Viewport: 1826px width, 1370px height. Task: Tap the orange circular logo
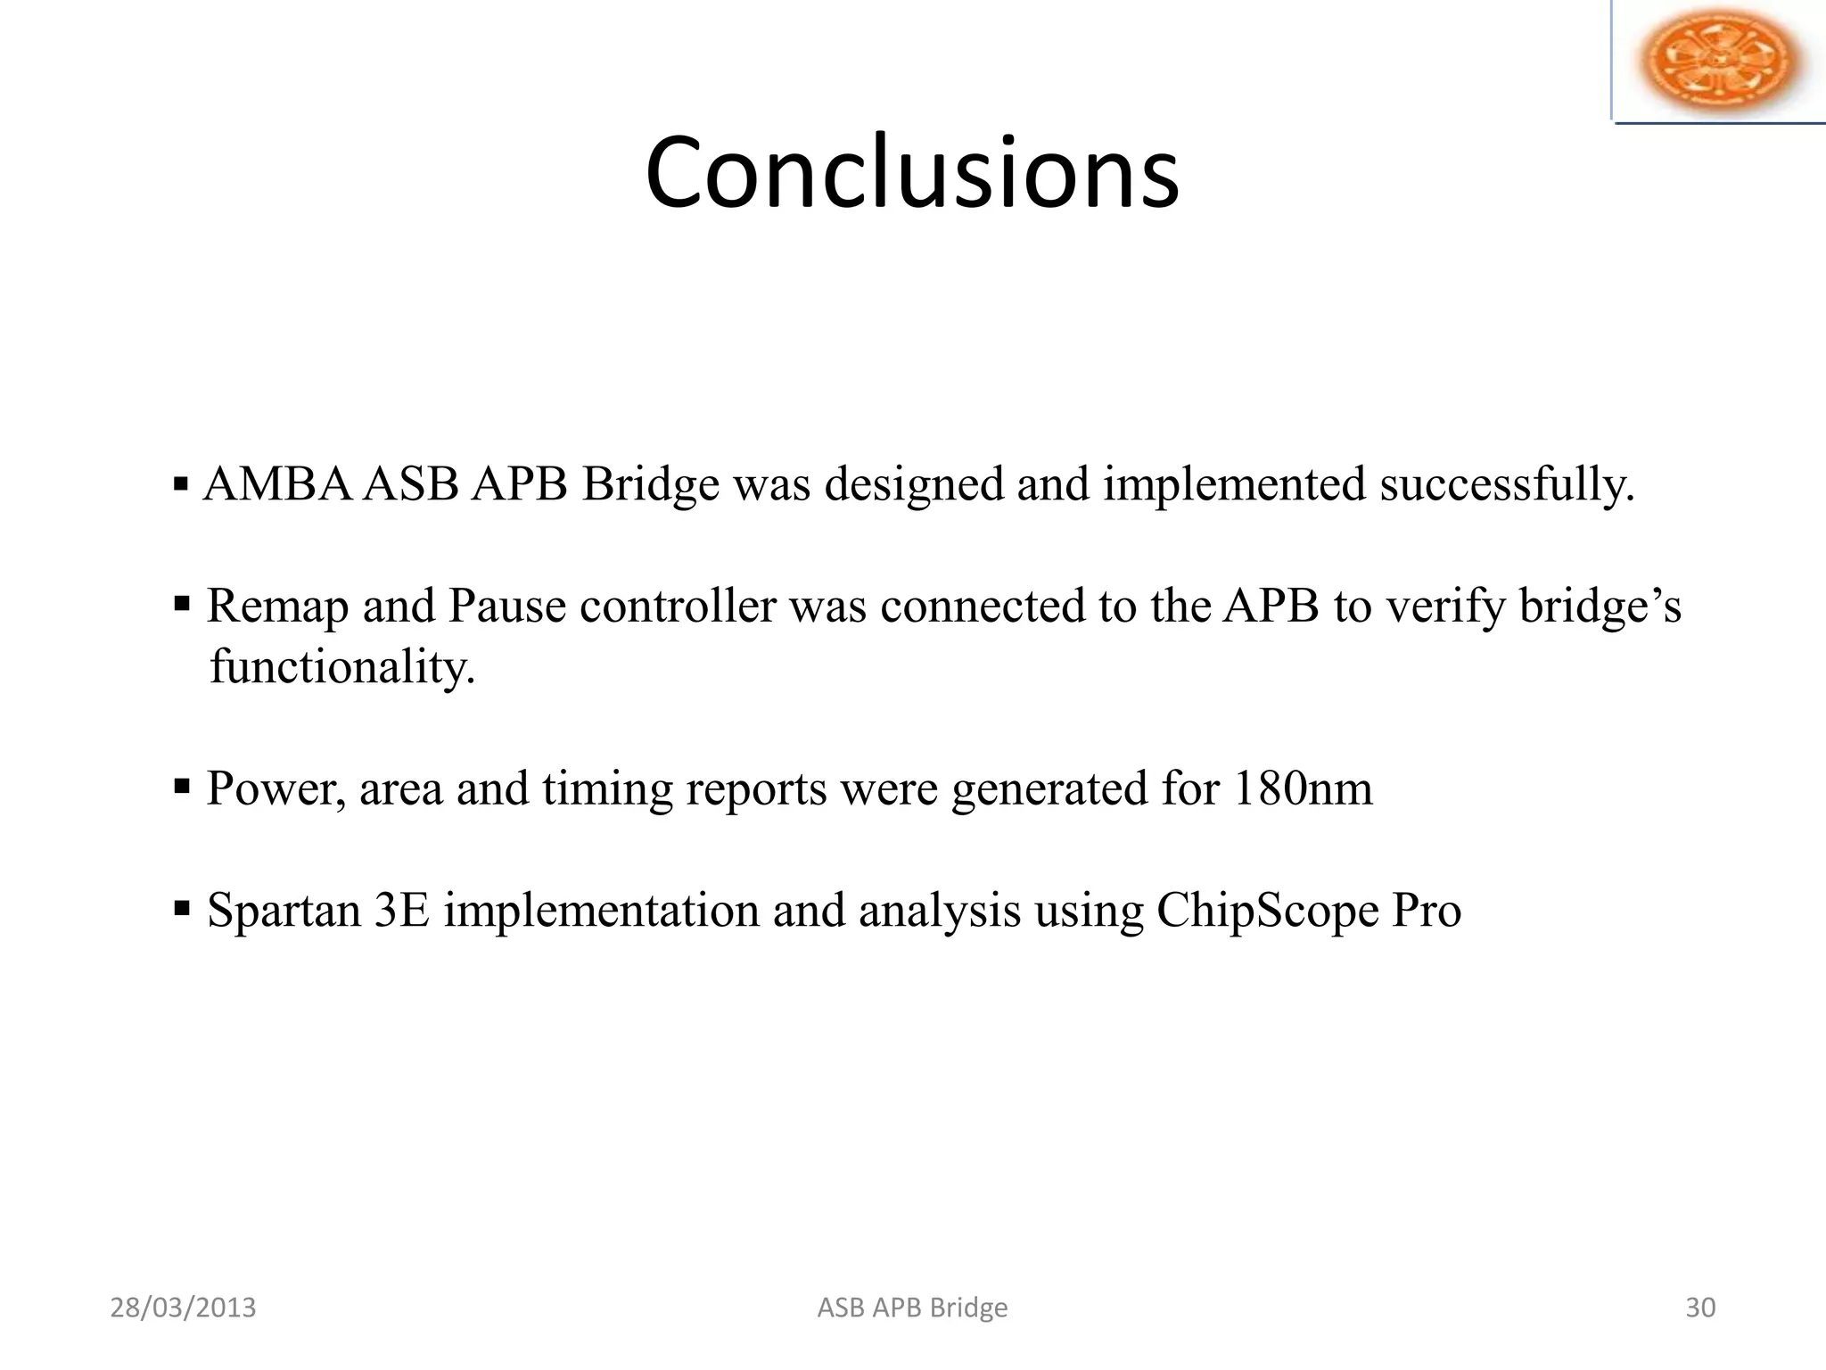(1720, 61)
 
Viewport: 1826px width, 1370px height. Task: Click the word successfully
(1507, 485)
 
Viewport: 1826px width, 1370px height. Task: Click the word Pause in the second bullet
(506, 607)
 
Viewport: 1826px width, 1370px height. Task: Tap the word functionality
(342, 667)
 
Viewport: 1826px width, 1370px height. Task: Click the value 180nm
(1303, 788)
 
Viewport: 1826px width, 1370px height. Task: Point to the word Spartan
(283, 911)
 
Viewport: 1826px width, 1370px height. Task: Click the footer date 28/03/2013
(183, 1308)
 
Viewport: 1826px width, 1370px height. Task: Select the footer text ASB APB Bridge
(912, 1308)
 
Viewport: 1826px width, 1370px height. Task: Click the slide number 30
(1700, 1308)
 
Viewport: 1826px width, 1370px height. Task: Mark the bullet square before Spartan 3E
(182, 909)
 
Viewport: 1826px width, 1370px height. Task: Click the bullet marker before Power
(182, 787)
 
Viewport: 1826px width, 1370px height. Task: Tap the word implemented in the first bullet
(1234, 485)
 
